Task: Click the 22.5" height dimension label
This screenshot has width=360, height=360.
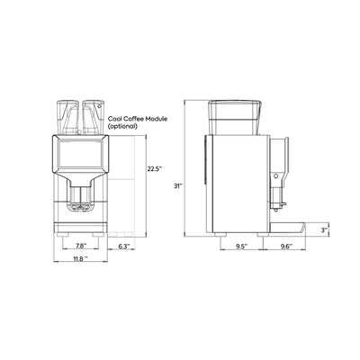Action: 155,169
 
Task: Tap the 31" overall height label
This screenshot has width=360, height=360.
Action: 178,185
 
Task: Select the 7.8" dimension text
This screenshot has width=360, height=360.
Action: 81,246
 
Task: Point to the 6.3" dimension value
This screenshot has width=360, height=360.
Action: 123,247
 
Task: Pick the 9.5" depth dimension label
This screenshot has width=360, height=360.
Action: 241,247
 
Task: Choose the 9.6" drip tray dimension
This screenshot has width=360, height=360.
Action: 286,247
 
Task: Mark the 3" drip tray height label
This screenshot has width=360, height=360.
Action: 324,230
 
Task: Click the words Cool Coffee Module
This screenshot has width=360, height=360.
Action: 138,119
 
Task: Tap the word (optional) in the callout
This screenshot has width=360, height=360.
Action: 122,126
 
